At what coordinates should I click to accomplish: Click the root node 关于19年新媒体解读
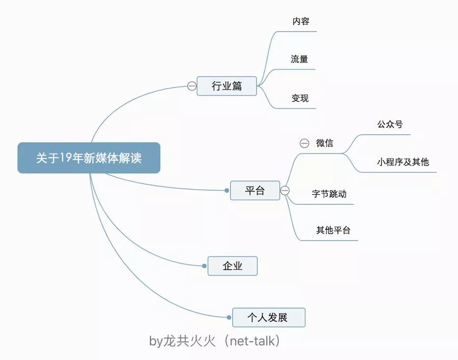89,158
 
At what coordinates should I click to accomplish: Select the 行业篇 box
226,86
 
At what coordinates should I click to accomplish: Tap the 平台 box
255,191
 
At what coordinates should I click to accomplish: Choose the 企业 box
233,266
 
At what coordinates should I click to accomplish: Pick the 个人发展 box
268,317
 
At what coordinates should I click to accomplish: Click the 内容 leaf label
301,21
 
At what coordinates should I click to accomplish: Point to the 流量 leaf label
299,59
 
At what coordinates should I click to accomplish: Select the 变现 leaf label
300,98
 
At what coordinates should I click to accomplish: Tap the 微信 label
325,143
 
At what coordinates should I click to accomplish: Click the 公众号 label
390,124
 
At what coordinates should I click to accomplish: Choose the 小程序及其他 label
403,162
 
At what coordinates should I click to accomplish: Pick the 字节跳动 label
329,194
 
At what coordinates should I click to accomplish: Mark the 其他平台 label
333,230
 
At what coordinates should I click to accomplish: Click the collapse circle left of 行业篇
192,86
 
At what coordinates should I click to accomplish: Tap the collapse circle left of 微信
304,143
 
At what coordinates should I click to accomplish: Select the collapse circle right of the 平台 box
285,191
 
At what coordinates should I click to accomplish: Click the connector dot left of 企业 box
204,266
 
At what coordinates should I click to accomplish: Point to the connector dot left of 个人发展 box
228,317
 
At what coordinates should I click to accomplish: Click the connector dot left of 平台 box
227,191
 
